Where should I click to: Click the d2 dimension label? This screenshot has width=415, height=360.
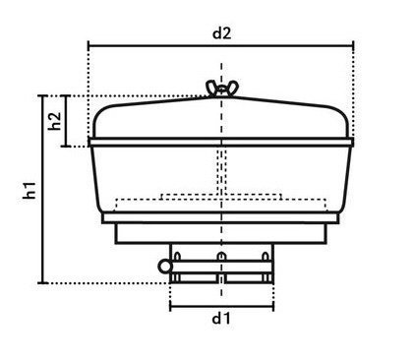(222, 33)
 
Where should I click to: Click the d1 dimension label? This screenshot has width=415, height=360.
(221, 319)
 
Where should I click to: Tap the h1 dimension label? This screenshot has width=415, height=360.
(30, 190)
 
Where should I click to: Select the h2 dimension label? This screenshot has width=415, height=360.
(55, 121)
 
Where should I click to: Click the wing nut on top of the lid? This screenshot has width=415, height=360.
(221, 88)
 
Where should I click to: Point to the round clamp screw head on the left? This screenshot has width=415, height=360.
(165, 267)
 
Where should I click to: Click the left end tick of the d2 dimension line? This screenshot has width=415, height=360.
(89, 46)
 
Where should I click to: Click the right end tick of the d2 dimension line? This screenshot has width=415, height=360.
(353, 46)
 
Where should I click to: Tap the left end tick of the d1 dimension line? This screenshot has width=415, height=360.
(170, 307)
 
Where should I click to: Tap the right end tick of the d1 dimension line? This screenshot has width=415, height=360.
(273, 307)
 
